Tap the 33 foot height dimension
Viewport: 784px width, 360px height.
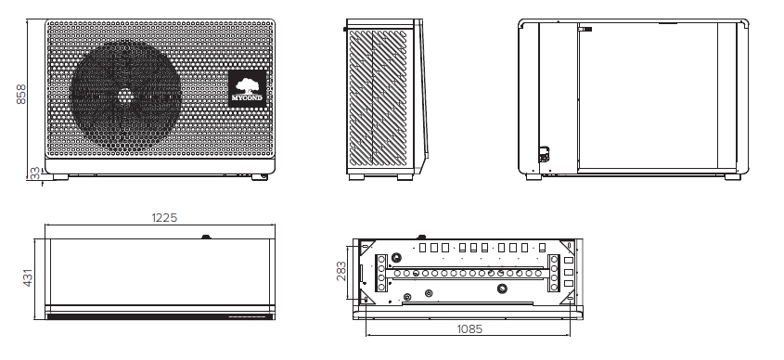point(35,172)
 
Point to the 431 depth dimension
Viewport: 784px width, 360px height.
point(28,277)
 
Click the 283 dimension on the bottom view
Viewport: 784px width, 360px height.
point(341,271)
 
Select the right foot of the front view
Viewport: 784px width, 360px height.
point(263,175)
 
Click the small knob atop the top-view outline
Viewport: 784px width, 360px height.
point(206,236)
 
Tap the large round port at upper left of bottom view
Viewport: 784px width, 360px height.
point(397,256)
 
